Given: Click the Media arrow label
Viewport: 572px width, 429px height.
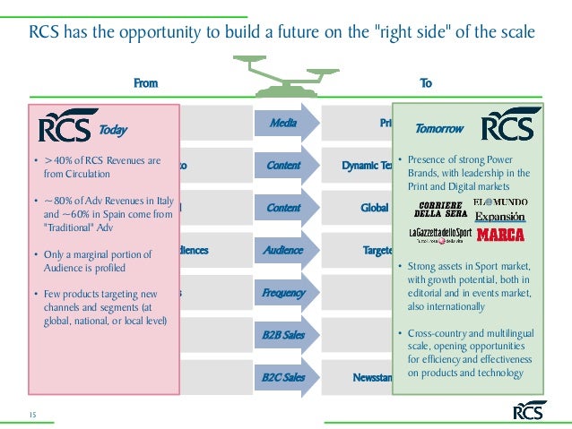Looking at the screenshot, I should [x=284, y=123].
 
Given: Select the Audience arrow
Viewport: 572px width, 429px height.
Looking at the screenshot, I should [x=284, y=251].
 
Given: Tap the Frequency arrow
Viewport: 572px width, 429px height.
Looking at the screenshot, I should [x=284, y=293].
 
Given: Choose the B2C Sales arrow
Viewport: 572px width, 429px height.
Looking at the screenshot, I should [x=284, y=378].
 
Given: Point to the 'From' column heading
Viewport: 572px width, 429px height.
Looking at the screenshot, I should [x=145, y=83].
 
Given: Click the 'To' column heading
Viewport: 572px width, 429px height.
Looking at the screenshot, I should [x=426, y=83].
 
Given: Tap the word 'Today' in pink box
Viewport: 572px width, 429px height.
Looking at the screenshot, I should [x=113, y=131].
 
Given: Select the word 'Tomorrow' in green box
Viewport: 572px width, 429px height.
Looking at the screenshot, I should [x=439, y=129].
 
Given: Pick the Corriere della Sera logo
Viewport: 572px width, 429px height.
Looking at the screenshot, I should [x=440, y=210].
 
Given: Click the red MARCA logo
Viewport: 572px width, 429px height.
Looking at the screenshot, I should [x=500, y=236].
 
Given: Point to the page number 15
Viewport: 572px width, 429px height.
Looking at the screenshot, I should [x=31, y=412].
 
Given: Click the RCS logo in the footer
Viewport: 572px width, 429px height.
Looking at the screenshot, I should [x=529, y=411].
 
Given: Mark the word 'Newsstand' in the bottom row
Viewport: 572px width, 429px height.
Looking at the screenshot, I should [x=368, y=378].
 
